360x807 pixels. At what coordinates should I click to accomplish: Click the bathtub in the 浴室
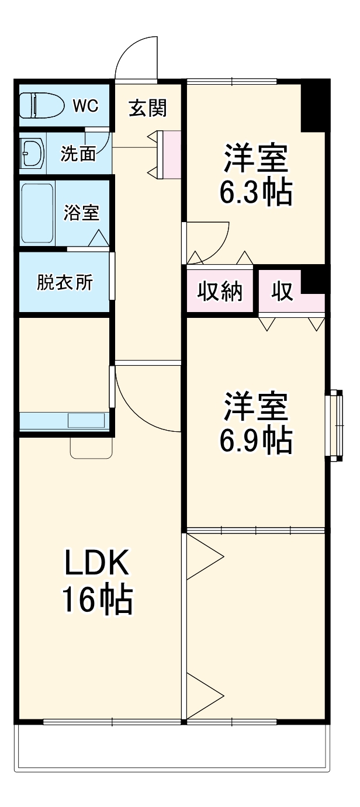[x=37, y=213]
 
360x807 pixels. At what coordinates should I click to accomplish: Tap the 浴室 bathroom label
[x=81, y=213]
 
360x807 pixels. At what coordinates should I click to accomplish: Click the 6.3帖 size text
[x=255, y=193]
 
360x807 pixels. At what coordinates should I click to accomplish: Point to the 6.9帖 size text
[x=255, y=442]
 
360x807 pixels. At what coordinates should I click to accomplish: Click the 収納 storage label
[x=219, y=291]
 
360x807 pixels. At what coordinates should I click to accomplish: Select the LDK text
[x=96, y=564]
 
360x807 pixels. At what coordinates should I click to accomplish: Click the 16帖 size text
[x=97, y=600]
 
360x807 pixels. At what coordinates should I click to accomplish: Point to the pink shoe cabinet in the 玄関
[x=171, y=154]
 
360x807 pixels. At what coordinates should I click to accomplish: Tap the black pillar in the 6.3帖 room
[x=314, y=108]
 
